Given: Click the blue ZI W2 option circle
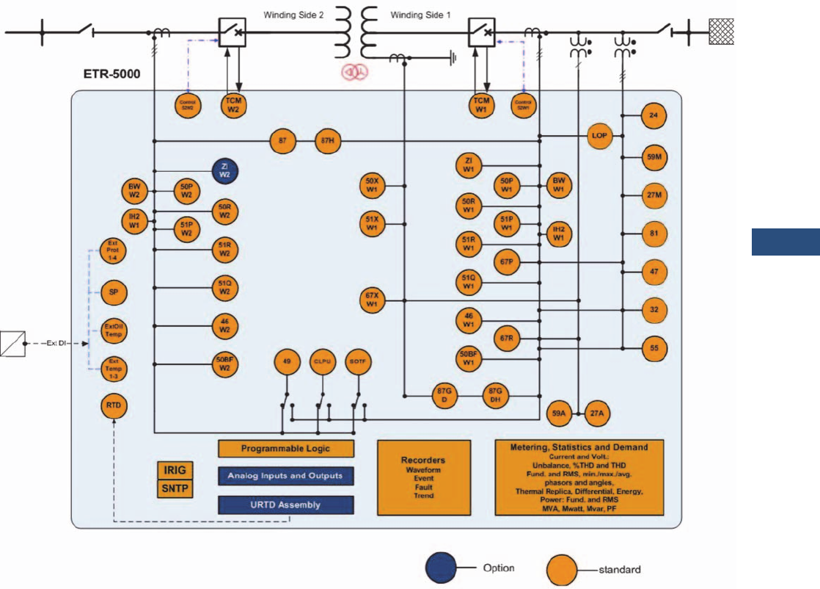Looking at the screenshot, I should (x=224, y=173).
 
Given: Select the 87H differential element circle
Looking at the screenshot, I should (x=329, y=140).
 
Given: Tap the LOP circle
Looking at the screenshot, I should (x=600, y=136).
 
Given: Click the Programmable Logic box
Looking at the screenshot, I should (x=286, y=448).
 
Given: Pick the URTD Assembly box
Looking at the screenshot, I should (x=286, y=505).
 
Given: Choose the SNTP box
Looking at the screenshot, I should (x=175, y=488).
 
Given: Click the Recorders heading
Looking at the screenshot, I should (x=424, y=460).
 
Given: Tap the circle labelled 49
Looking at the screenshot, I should (x=287, y=361).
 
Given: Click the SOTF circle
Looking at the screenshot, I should (x=359, y=361).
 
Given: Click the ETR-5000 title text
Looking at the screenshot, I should (x=111, y=75).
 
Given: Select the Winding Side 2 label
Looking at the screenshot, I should (x=294, y=15).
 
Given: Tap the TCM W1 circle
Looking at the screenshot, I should (x=481, y=104).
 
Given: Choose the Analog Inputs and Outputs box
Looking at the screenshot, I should (x=286, y=476).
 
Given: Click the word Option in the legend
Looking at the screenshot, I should (x=498, y=568).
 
